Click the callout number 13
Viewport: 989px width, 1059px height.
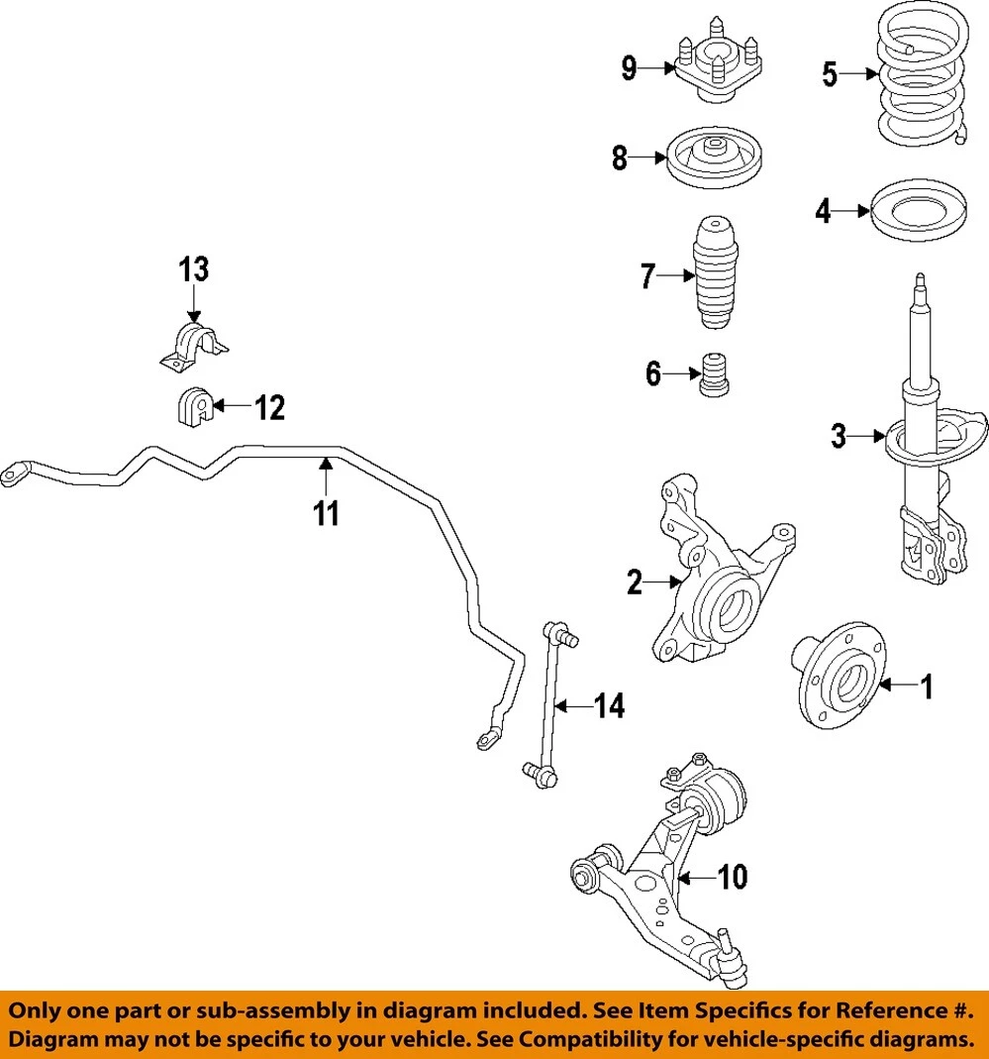194,268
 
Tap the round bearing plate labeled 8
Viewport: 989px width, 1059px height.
713,159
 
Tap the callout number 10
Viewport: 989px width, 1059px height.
734,877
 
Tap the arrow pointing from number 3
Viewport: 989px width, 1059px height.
867,436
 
